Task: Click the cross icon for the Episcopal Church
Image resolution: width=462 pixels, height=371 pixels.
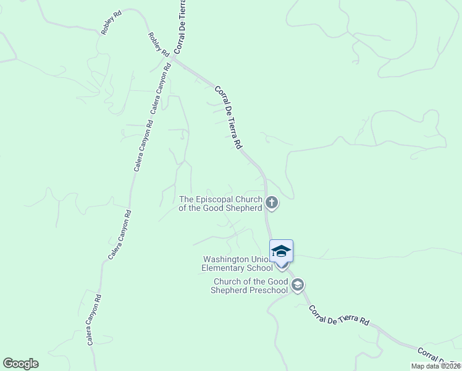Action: [271, 203]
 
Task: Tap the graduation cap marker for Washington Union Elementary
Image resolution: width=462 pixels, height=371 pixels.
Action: [281, 251]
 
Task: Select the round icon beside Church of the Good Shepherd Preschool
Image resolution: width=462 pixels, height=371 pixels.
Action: [298, 284]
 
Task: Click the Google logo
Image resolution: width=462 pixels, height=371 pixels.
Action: [20, 364]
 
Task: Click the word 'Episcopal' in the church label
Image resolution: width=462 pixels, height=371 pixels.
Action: [214, 199]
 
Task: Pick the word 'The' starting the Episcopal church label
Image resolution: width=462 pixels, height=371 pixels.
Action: [186, 199]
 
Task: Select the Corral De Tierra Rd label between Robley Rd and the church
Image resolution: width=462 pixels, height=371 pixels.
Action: [228, 117]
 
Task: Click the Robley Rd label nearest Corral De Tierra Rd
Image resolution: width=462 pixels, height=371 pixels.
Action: [159, 45]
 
